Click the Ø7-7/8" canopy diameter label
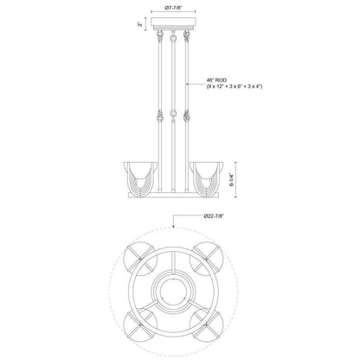[173, 8]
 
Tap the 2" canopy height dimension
[140, 24]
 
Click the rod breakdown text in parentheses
[235, 87]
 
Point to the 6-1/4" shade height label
[230, 180]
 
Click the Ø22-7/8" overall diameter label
[214, 215]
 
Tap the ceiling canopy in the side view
[174, 23]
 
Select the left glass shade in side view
[140, 179]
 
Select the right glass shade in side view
[206, 179]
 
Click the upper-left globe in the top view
[140, 259]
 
